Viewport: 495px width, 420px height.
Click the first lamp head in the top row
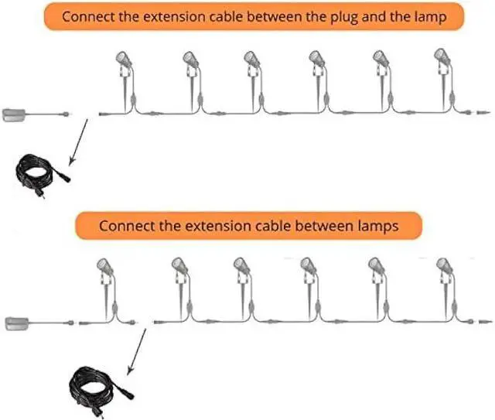[x=124, y=58]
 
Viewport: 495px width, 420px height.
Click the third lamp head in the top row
[x=251, y=58]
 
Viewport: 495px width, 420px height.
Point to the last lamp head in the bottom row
[x=442, y=266]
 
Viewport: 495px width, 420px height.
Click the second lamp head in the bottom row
[x=177, y=266]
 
